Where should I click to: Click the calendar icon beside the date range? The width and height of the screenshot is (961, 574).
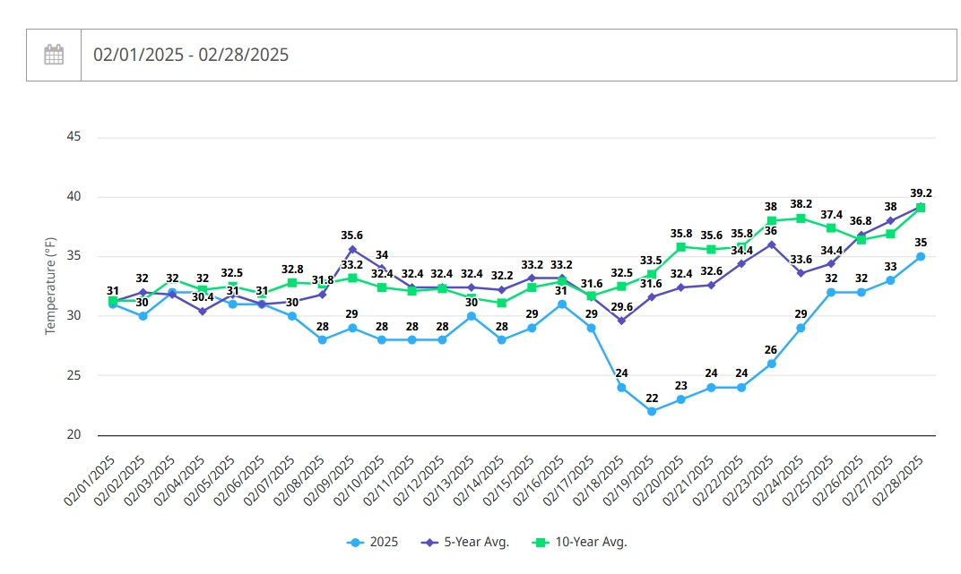[54, 55]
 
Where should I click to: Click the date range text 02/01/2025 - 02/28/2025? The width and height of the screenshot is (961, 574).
[191, 56]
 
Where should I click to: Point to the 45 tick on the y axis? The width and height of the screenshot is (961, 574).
[74, 136]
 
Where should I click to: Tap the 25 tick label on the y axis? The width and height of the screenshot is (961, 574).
[74, 375]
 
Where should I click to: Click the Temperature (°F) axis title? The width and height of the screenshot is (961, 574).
[50, 286]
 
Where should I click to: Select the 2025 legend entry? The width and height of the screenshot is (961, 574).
[372, 542]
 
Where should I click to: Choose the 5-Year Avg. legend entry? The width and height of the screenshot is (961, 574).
[465, 542]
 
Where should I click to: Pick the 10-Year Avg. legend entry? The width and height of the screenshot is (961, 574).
[580, 542]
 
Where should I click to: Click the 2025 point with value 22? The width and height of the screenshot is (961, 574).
[652, 411]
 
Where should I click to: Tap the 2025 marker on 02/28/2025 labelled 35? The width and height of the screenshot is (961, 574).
[921, 256]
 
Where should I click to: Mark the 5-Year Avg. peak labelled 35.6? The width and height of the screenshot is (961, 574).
[352, 249]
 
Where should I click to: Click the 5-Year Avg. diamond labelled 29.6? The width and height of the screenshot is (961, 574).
[621, 321]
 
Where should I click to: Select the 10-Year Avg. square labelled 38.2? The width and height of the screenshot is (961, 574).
[801, 218]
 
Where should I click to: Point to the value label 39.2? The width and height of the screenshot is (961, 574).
[921, 193]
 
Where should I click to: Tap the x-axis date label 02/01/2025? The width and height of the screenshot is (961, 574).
[90, 481]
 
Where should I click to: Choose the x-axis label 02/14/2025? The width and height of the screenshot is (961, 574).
[479, 481]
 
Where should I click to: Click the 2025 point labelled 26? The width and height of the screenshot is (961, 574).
[771, 364]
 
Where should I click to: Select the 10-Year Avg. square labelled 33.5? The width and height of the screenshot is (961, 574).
[652, 274]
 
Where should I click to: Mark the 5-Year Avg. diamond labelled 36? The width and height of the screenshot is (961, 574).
[771, 244]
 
